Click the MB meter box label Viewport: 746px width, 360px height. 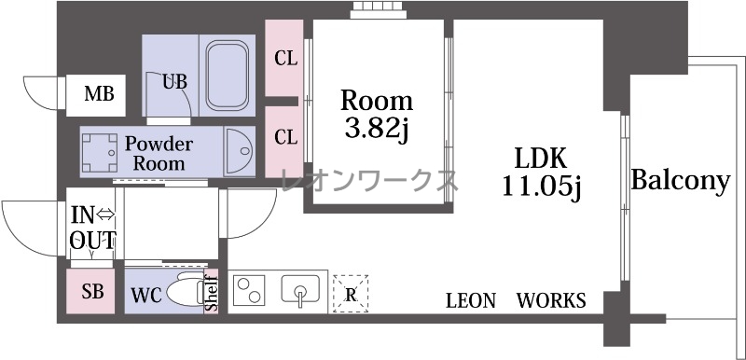(99, 94)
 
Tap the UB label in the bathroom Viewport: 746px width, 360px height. (174, 82)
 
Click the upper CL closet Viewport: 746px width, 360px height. (284, 58)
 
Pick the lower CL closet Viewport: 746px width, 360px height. (284, 142)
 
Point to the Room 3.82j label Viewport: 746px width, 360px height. (377, 116)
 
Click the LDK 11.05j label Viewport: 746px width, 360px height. (542, 173)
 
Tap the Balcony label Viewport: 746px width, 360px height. (681, 181)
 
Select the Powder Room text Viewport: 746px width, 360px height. (159, 154)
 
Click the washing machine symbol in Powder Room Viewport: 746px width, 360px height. (100, 153)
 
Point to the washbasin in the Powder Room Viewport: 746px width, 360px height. (240, 151)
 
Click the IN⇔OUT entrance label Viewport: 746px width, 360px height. (92, 228)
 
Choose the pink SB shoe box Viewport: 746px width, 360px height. (90, 291)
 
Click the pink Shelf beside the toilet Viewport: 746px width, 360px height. (212, 292)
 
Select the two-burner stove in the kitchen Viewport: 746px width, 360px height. (249, 290)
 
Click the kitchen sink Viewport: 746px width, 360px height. (300, 290)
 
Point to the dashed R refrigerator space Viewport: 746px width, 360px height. (351, 294)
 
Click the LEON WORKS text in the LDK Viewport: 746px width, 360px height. (516, 300)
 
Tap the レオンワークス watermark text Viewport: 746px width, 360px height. (369, 181)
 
